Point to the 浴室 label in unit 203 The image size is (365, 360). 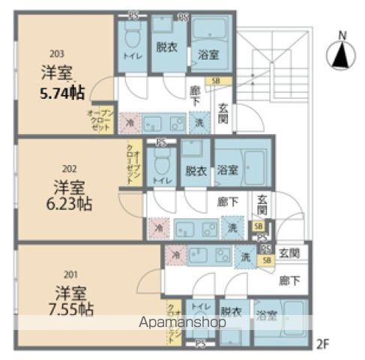(208, 55)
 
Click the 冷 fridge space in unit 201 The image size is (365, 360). (175, 255)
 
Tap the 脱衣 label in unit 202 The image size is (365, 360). (194, 170)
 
